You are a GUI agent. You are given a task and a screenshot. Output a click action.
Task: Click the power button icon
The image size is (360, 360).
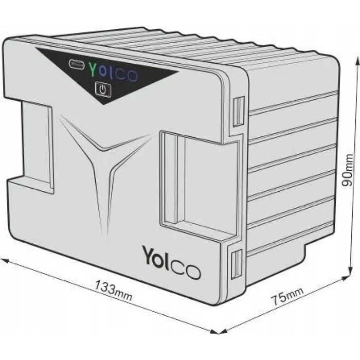coord(103,89)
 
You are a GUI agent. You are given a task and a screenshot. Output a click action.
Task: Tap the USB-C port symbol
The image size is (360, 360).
coord(77,63)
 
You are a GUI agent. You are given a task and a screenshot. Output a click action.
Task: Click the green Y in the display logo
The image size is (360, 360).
coord(93,69)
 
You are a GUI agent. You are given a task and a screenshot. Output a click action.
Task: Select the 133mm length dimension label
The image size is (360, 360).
coord(113,291)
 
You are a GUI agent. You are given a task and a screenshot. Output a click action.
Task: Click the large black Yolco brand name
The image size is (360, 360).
coord(171,262)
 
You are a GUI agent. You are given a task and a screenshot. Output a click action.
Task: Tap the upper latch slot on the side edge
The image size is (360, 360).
coord(239,112)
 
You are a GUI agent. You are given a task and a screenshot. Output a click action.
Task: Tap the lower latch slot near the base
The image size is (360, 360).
coord(237,264)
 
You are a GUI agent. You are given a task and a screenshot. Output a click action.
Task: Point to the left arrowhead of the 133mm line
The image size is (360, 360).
coord(5,261)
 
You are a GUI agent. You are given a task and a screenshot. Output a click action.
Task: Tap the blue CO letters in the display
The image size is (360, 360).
coord(128,75)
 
